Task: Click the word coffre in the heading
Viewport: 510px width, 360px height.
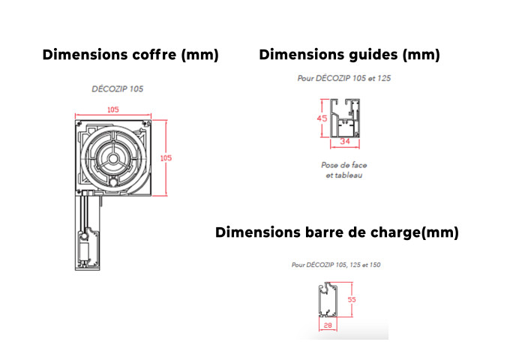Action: click(x=154, y=55)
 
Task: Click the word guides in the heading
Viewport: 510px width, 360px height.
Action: click(x=373, y=55)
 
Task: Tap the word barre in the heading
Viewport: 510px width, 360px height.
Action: click(x=323, y=232)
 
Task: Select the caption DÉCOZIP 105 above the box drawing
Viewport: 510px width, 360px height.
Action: click(x=118, y=88)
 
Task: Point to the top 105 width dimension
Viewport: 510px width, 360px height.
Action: click(x=112, y=109)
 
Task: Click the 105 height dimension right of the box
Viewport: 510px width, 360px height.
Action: click(x=166, y=158)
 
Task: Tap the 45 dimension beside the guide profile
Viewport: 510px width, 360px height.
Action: click(x=322, y=118)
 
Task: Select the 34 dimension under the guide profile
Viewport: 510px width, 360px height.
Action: click(x=345, y=141)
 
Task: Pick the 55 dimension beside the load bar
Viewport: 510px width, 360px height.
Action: click(x=352, y=299)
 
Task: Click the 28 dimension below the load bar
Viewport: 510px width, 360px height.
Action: click(x=328, y=325)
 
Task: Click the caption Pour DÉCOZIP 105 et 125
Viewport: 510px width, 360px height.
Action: click(x=344, y=78)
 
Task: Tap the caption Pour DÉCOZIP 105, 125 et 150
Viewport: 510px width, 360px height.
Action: click(x=336, y=265)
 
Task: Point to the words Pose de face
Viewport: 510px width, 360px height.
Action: click(x=344, y=165)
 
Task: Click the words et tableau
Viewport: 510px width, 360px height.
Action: click(x=344, y=175)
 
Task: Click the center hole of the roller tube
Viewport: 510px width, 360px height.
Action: click(x=113, y=159)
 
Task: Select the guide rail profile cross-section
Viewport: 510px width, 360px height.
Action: click(x=345, y=118)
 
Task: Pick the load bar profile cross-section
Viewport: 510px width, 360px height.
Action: click(x=328, y=299)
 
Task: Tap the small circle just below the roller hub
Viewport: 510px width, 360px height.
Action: click(x=112, y=182)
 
